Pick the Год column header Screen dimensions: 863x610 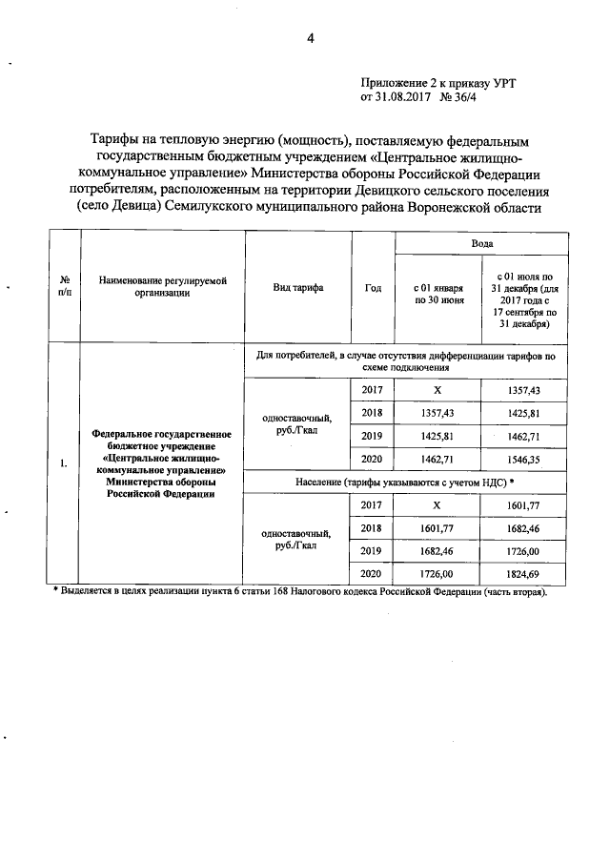point(373,287)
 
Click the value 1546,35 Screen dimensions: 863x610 point(523,460)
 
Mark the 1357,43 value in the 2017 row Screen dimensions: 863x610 point(523,391)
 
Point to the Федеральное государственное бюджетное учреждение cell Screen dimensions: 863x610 point(161,464)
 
